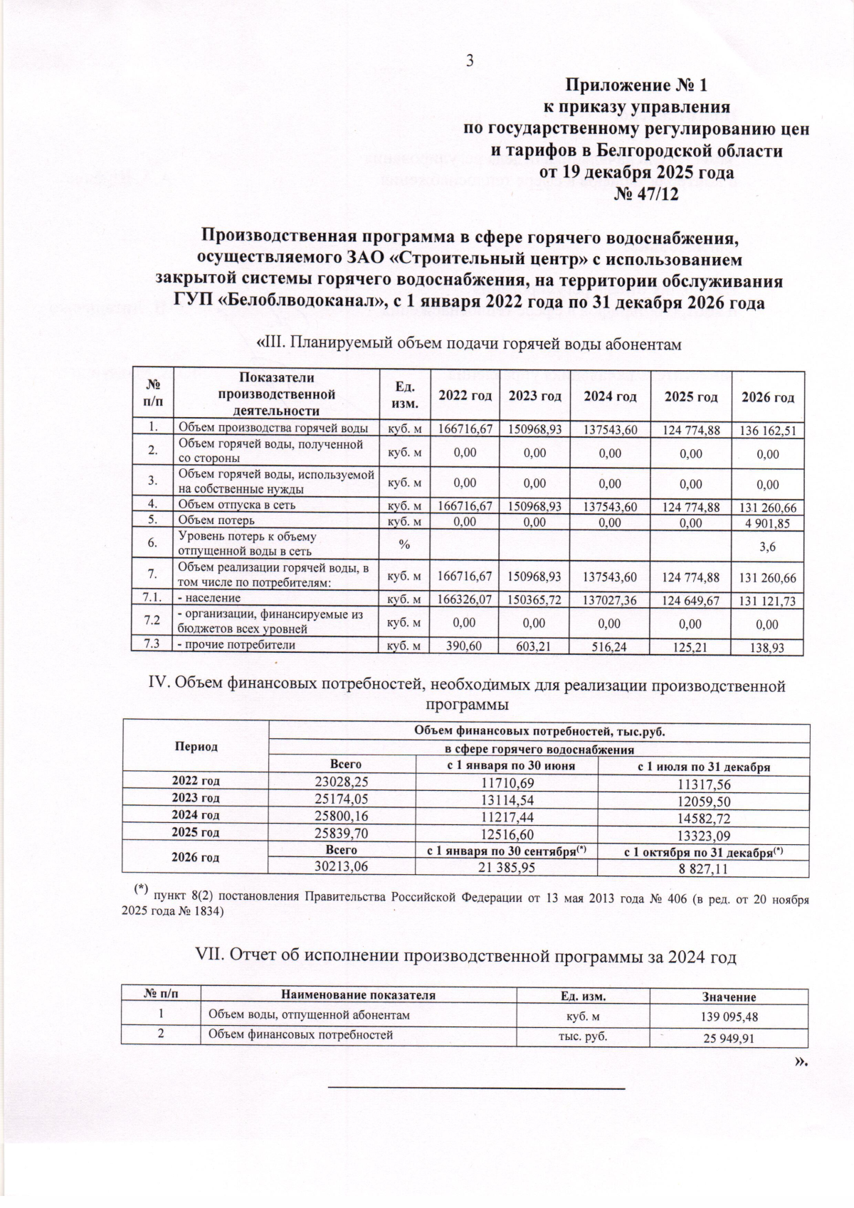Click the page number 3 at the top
click(x=470, y=61)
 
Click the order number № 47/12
click(x=646, y=194)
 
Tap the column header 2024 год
click(x=610, y=397)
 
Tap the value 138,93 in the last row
click(x=767, y=648)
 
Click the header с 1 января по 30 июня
click(x=505, y=766)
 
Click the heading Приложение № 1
click(x=637, y=86)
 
